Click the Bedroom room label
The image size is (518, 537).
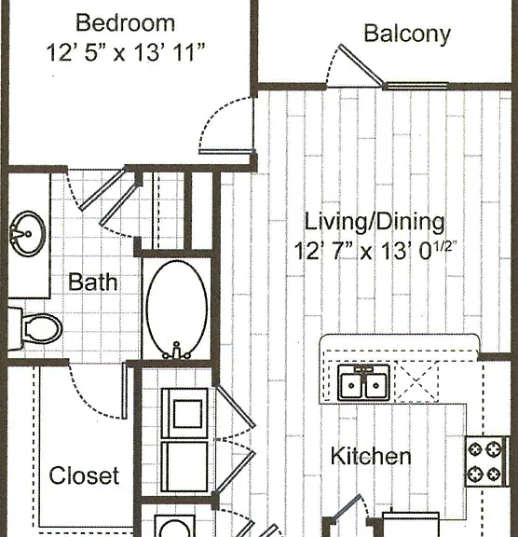125,23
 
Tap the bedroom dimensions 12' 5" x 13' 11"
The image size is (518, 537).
125,52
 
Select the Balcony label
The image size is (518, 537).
407,34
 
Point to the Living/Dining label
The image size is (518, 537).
375,222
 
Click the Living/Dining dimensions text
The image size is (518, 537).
375,251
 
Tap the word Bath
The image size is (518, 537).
93,282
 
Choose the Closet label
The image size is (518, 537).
84,475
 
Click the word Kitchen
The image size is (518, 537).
371,456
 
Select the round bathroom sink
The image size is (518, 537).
27,234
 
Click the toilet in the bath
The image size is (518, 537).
34,329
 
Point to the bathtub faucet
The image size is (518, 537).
176,351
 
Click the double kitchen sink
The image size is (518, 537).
363,382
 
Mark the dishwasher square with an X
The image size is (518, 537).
416,381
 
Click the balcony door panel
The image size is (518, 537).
361,64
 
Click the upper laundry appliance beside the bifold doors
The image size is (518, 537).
184,413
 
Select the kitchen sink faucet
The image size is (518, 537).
363,369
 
